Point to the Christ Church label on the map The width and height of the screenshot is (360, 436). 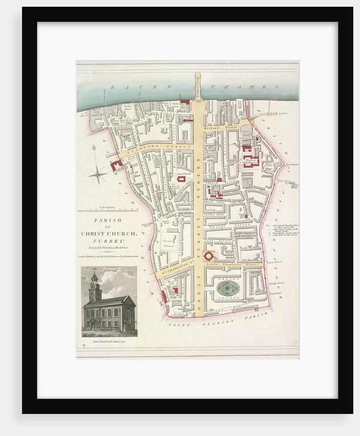(x=183, y=173)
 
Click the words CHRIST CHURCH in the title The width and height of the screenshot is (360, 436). (x=109, y=233)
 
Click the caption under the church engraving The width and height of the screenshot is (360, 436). (x=109, y=340)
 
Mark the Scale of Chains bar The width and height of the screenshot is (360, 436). (x=108, y=210)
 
